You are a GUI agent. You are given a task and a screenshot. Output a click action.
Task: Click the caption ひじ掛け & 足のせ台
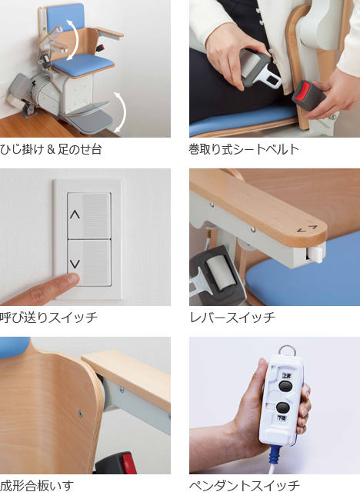pyautogui.click(x=51, y=149)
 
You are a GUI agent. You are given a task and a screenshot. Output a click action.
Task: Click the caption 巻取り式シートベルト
pyautogui.click(x=244, y=149)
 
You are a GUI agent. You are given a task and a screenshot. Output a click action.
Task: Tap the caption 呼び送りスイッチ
pyautogui.click(x=48, y=317)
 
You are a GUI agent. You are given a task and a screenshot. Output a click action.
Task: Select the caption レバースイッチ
pyautogui.click(x=232, y=317)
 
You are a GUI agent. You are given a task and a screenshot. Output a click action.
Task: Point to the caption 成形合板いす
pyautogui.click(x=37, y=485)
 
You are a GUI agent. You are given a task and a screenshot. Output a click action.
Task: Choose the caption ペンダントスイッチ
pyautogui.click(x=244, y=485)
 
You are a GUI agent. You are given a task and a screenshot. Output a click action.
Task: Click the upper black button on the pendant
pyautogui.click(x=285, y=386)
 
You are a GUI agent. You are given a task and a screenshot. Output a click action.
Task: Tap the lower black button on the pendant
pyautogui.click(x=283, y=407)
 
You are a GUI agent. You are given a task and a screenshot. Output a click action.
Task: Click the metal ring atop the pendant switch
pyautogui.click(x=287, y=350)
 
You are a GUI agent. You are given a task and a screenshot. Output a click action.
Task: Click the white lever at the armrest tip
pyautogui.click(x=316, y=254)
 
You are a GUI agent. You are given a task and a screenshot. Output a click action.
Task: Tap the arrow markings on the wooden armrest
pyautogui.click(x=307, y=229)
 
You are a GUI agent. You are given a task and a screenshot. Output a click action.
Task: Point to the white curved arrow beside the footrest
pyautogui.click(x=121, y=111)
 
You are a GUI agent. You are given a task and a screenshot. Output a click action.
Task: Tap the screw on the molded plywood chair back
pyautogui.click(x=80, y=414)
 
